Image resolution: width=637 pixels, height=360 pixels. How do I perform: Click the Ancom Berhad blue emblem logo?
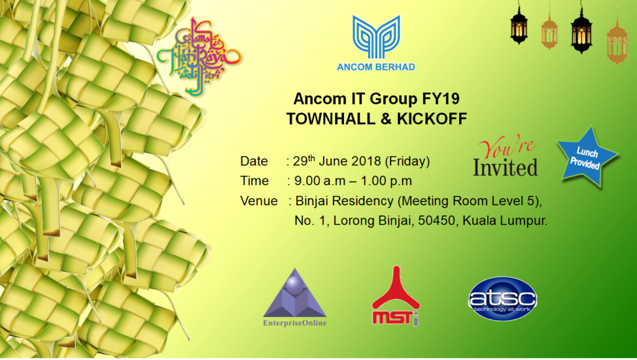pos(376,37)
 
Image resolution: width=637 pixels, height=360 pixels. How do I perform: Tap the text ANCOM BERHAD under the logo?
pos(376,67)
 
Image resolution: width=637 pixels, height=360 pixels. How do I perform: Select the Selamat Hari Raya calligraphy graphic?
pos(199,57)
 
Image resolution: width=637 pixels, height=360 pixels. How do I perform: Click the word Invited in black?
pos(505,168)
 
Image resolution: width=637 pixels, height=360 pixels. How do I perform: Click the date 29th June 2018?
pos(337,160)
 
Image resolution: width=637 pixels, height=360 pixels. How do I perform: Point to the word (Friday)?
pos(407,161)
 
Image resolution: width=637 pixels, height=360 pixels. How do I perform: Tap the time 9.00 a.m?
pos(319,181)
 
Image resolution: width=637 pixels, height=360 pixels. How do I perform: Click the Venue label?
pos(259,201)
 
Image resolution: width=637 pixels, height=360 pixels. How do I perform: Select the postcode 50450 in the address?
pos(437,221)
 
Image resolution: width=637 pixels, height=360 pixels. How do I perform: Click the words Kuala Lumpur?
pos(505,221)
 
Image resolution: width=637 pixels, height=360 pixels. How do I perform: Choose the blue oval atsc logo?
pos(503,298)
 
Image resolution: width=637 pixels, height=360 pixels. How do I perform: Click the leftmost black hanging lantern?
pos(519,24)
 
